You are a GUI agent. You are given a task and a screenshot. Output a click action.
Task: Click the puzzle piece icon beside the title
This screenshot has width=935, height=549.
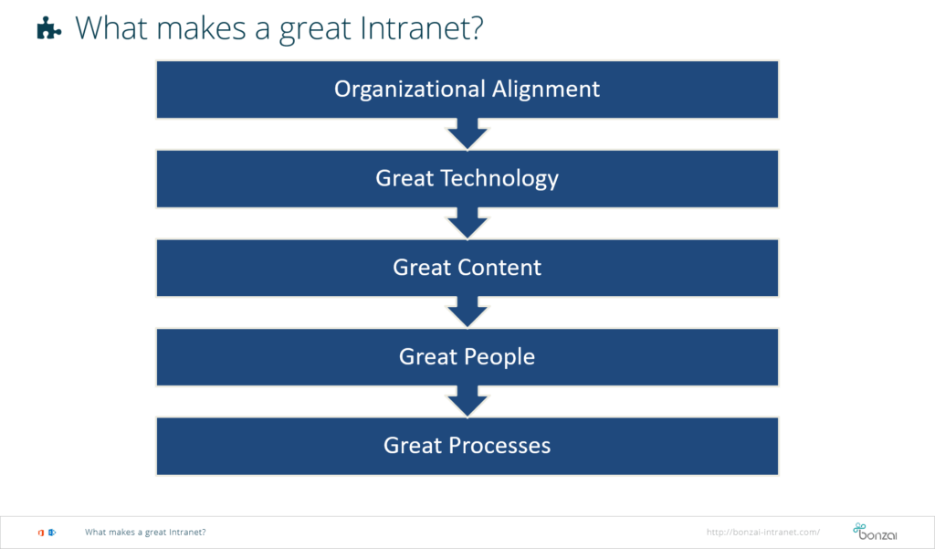49,27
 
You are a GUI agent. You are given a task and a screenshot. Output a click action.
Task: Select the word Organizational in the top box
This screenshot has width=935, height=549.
410,89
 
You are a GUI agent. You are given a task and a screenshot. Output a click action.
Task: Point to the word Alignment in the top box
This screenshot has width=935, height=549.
546,90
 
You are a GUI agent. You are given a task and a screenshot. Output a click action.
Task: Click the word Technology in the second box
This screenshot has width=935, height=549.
499,178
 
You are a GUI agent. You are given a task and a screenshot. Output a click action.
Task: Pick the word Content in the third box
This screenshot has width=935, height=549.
499,268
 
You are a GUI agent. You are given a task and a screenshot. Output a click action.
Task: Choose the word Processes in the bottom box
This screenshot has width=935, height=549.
499,446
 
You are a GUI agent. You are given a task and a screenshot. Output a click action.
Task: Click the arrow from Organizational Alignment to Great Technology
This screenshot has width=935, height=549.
467,133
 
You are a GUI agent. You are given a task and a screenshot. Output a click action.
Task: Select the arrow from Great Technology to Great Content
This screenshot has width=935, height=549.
467,223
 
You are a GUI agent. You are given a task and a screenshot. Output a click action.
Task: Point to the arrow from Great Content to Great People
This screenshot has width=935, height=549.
467,312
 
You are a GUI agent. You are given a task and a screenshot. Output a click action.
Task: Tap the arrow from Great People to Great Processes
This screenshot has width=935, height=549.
467,402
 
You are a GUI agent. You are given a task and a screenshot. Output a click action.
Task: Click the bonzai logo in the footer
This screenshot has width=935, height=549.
875,532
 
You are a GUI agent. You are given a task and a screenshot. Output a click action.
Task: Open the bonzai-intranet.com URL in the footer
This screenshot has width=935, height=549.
762,533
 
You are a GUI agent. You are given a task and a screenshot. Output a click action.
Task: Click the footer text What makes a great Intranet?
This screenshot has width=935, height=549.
145,533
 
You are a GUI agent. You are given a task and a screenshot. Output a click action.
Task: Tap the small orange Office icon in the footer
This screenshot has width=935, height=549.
40,533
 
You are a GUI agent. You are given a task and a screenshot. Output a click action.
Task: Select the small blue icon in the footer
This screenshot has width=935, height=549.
52,533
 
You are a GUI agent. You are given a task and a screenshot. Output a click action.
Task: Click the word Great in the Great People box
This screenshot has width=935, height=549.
428,357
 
